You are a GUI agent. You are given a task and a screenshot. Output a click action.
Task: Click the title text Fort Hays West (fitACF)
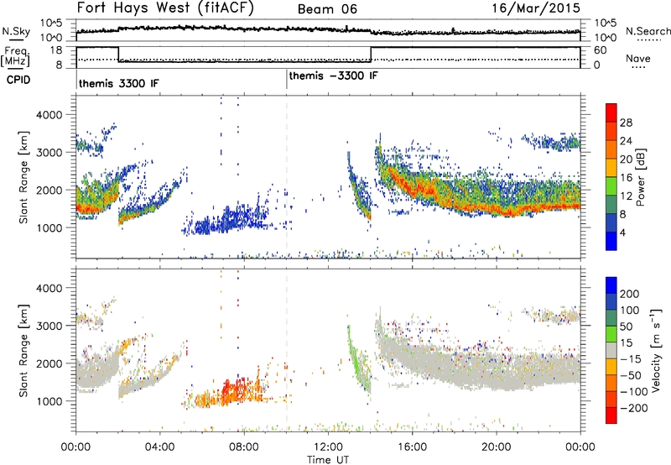click(x=165, y=8)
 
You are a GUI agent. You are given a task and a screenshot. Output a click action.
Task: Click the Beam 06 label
click(x=327, y=9)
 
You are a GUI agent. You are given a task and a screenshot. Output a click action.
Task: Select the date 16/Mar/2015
click(x=536, y=8)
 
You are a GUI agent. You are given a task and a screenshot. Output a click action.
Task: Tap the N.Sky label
click(x=16, y=31)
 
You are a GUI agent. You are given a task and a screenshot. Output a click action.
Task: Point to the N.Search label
click(x=648, y=31)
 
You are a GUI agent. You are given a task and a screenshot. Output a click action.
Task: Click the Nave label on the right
click(x=638, y=58)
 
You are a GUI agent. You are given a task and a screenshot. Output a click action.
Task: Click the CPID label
click(x=18, y=80)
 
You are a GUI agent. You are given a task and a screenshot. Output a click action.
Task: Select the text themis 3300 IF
click(x=118, y=83)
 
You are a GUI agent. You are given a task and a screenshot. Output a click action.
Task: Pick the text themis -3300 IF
click(x=333, y=76)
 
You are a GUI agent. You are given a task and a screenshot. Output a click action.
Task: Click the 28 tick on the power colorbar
click(x=626, y=123)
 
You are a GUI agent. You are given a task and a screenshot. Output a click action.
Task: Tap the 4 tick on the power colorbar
click(x=622, y=232)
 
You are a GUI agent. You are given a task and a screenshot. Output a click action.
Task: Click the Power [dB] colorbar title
click(x=641, y=177)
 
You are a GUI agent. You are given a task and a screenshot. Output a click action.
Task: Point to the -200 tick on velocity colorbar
click(x=634, y=408)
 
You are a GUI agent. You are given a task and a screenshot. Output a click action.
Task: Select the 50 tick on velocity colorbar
click(x=626, y=327)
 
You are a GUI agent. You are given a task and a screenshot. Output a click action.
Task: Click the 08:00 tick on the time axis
click(x=244, y=447)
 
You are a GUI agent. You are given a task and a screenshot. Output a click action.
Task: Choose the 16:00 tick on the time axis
click(x=412, y=447)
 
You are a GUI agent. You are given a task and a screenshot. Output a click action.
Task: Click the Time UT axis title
click(x=328, y=460)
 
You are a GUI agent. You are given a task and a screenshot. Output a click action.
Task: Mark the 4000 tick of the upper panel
click(x=49, y=115)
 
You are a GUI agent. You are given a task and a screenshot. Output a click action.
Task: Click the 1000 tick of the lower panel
click(x=49, y=401)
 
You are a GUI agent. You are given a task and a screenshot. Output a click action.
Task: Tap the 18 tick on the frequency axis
click(x=56, y=50)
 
